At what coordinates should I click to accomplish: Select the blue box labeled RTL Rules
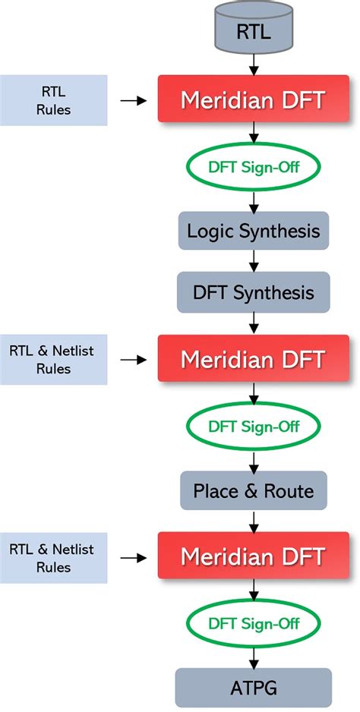pyautogui.click(x=53, y=100)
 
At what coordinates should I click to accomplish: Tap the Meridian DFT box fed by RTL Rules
pyautogui.click(x=252, y=99)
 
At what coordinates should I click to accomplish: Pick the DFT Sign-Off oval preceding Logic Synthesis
pyautogui.click(x=252, y=165)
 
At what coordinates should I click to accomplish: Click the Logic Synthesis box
pyautogui.click(x=252, y=231)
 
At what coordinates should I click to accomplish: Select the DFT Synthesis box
pyautogui.click(x=252, y=291)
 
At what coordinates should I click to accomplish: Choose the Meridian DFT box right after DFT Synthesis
pyautogui.click(x=252, y=358)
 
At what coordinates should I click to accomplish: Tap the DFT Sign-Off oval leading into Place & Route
pyautogui.click(x=252, y=425)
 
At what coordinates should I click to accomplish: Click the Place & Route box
pyautogui.click(x=252, y=490)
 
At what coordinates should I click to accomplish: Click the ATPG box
pyautogui.click(x=252, y=688)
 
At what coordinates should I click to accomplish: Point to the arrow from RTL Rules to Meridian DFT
pyautogui.click(x=134, y=99)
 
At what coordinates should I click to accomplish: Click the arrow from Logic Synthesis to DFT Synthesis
pyautogui.click(x=252, y=261)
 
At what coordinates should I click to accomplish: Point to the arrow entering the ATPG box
pyautogui.click(x=252, y=657)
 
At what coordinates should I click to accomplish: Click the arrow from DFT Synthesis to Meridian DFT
pyautogui.click(x=252, y=323)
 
